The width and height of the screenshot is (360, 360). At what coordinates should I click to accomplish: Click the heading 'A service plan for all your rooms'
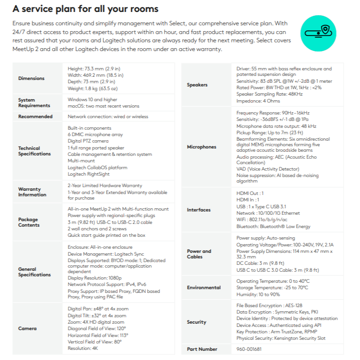pyautogui.click(x=86, y=9)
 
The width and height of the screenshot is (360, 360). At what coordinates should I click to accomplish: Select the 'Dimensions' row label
pyautogui.click(x=31, y=78)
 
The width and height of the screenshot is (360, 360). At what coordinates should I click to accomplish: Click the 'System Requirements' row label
pyautogui.click(x=34, y=103)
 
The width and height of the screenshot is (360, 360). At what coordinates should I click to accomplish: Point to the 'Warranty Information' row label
pyautogui.click(x=32, y=192)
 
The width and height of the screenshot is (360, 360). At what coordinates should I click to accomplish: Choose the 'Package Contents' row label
pyautogui.click(x=28, y=222)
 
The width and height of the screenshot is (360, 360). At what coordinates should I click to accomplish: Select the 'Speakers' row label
pyautogui.click(x=197, y=85)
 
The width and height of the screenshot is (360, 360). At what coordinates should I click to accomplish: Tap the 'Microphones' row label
pyautogui.click(x=201, y=147)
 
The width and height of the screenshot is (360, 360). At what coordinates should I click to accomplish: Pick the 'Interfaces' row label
pyautogui.click(x=199, y=210)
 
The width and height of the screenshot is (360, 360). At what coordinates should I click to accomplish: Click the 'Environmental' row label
pyautogui.click(x=204, y=287)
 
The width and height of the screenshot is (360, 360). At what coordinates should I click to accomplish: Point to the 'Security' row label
pyautogui.click(x=196, y=322)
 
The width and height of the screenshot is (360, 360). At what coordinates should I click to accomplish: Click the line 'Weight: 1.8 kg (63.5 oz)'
pyautogui.click(x=92, y=88)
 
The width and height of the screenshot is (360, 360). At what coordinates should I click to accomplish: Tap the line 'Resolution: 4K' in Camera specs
pyautogui.click(x=83, y=348)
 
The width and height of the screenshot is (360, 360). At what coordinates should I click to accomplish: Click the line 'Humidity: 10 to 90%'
pyautogui.click(x=258, y=294)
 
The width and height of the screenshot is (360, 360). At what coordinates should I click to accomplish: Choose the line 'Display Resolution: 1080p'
pyautogui.click(x=95, y=278)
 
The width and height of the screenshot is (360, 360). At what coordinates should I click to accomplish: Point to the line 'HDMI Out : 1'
pyautogui.click(x=250, y=193)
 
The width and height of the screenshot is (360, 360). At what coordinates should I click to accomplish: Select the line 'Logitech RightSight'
pyautogui.click(x=88, y=174)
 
